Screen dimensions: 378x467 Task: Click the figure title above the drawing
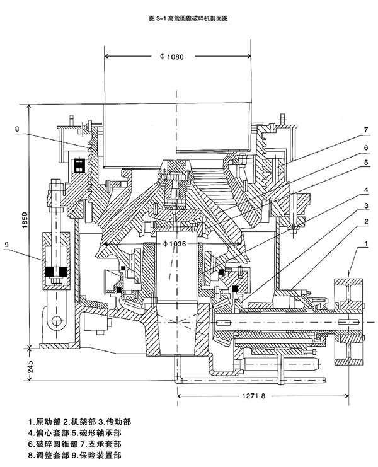click(x=189, y=18)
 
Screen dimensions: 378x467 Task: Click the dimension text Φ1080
click(x=172, y=57)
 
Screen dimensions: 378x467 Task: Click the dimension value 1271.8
click(x=253, y=396)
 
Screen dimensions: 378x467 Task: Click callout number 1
click(x=366, y=244)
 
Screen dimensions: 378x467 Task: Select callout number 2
click(x=366, y=221)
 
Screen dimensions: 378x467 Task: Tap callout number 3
click(x=366, y=206)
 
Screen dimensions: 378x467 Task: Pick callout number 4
click(x=366, y=190)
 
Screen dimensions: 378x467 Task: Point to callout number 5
click(x=366, y=163)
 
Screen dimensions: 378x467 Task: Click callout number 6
click(x=366, y=147)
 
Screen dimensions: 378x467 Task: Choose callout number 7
click(x=366, y=130)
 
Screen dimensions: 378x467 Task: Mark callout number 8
click(x=17, y=129)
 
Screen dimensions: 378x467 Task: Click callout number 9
click(x=6, y=245)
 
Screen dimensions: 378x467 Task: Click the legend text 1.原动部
click(x=44, y=422)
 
